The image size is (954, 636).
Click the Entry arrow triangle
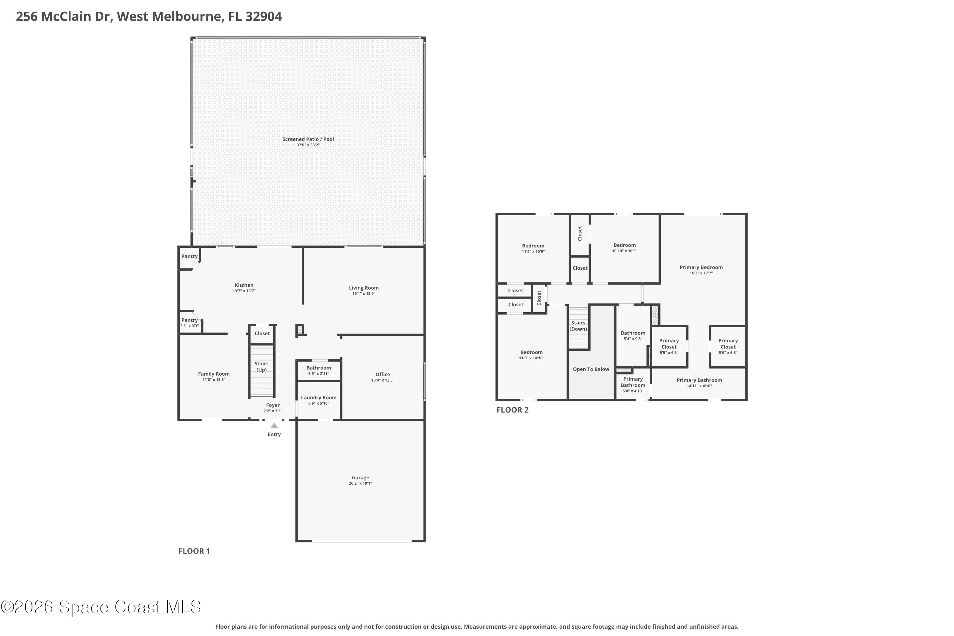point(274,426)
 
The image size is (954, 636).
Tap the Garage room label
point(360,477)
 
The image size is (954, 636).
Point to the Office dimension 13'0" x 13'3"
point(383,380)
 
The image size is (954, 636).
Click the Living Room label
point(363,287)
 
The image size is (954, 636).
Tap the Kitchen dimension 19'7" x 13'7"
point(244,291)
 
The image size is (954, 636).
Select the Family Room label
point(214,374)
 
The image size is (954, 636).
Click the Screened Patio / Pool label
point(308,139)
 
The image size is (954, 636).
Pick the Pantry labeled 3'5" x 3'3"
point(190,323)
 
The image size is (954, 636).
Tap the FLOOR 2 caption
point(512,410)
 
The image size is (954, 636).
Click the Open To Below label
point(591,369)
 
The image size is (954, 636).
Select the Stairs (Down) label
point(578,326)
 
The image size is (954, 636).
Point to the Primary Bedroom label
point(701,267)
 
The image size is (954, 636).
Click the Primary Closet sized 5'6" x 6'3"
point(728,346)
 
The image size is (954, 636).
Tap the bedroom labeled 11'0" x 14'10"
point(531,355)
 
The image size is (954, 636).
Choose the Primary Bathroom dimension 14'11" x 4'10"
point(699,386)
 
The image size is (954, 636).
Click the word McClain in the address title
point(77,17)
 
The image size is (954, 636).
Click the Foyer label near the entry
point(273,405)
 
